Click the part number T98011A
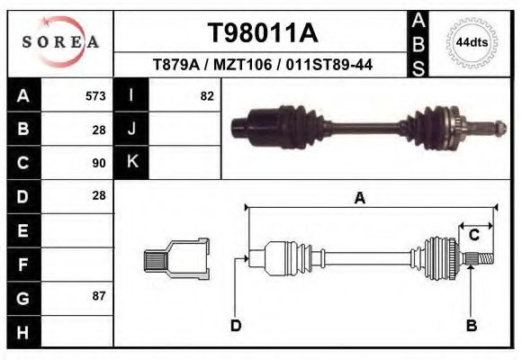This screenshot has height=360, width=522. (x=262, y=33)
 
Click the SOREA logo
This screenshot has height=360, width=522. (x=60, y=42)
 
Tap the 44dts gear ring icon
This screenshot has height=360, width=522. (x=472, y=42)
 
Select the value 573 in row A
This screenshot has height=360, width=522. (x=95, y=95)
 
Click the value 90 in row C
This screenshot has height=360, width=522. (x=99, y=163)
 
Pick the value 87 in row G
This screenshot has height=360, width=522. (x=99, y=295)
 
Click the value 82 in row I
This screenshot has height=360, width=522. (x=206, y=95)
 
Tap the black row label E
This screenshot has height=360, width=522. (x=22, y=230)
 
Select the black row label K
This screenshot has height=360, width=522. (x=131, y=162)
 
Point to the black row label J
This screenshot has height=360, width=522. (x=131, y=129)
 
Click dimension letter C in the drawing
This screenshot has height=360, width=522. (x=473, y=236)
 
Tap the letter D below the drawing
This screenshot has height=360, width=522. (x=236, y=326)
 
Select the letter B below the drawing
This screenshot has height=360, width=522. (x=471, y=326)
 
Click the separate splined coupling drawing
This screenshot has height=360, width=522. (x=176, y=260)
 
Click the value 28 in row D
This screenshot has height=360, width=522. (x=99, y=195)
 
